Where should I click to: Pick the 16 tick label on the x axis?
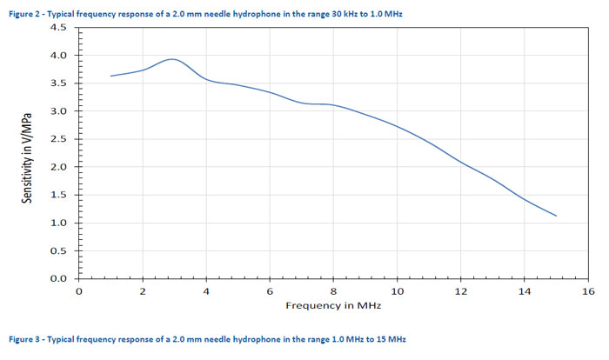click(588, 291)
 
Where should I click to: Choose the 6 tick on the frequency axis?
click(270, 291)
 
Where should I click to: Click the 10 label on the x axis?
click(397, 291)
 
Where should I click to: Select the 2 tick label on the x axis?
click(143, 291)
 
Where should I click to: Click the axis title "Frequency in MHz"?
click(333, 306)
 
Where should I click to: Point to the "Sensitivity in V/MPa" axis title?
click(29, 153)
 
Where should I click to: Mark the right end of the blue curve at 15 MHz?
click(556, 216)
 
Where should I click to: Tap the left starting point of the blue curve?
click(110, 76)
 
